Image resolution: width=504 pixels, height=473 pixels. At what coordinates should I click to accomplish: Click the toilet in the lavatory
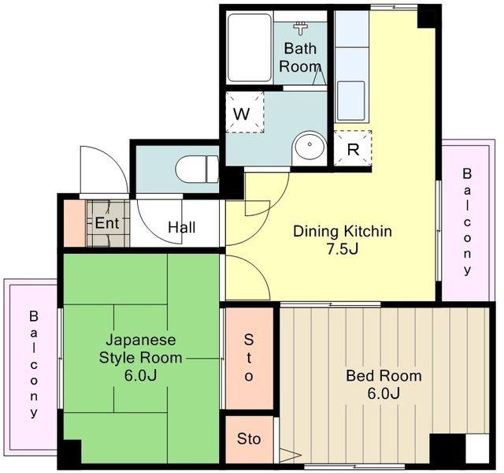pos(197,169)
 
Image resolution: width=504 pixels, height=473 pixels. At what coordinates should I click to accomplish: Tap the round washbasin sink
pos(309,145)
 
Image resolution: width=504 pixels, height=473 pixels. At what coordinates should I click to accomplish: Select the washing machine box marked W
pos(245,112)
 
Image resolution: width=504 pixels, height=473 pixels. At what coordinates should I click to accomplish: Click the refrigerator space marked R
pos(353,148)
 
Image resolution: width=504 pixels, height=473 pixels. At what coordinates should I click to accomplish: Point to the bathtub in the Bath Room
pos(250,47)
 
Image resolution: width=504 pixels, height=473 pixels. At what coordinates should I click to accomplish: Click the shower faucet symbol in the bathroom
pos(301,28)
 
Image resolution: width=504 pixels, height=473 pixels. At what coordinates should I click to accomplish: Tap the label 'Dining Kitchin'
pos(343,231)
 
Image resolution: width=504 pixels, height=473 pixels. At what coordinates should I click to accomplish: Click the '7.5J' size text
pos(343,249)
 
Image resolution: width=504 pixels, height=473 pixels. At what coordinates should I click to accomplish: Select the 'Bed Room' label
pos(384,376)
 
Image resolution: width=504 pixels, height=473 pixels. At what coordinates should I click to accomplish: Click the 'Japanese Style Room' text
pos(141,348)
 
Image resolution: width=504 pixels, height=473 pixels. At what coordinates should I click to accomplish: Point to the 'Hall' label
pos(182,228)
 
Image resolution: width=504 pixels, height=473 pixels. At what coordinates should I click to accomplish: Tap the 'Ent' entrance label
pos(107,222)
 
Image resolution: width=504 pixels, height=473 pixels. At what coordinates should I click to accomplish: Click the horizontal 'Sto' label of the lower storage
pos(249,438)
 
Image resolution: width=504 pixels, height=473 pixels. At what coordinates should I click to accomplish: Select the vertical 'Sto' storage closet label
pos(249,358)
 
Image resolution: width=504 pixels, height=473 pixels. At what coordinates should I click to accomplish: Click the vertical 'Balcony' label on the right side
pos(467,222)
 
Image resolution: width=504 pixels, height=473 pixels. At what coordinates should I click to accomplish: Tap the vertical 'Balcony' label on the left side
pos(34,364)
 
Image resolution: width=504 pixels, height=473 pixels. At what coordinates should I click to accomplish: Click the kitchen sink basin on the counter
pos(350,100)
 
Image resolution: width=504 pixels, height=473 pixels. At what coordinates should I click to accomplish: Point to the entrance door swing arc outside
pos(105,170)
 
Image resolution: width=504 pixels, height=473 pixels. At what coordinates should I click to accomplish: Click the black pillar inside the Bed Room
pos(447,449)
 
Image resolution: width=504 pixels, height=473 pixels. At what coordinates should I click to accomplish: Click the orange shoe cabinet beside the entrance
pos(75,224)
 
